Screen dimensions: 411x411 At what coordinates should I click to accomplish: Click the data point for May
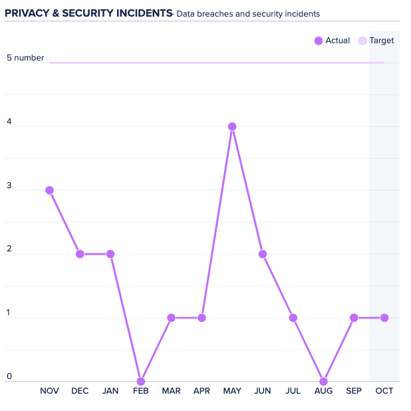(x=232, y=126)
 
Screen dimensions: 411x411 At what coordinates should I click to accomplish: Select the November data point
(x=49, y=190)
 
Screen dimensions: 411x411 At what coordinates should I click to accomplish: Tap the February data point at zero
(x=140, y=382)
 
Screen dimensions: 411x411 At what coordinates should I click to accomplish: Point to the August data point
(x=323, y=382)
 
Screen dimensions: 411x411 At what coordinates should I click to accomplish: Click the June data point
(x=263, y=254)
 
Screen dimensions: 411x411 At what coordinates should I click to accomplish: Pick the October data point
(x=384, y=318)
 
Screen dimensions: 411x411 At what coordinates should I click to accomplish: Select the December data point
(x=80, y=254)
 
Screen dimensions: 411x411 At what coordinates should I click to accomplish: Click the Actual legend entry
(x=332, y=41)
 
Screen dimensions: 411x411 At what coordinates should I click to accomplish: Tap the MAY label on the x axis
(x=232, y=391)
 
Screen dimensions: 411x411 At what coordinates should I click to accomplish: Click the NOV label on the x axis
(x=49, y=391)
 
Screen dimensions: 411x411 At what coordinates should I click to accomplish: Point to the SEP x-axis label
(x=354, y=391)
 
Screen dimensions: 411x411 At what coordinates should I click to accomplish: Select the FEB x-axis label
(x=140, y=391)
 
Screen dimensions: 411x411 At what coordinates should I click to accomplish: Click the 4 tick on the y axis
(x=9, y=122)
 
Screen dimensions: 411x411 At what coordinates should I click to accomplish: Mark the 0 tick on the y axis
(x=9, y=377)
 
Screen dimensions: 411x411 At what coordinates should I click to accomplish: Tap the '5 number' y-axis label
(x=25, y=58)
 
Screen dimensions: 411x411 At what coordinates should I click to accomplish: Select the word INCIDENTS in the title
(x=142, y=13)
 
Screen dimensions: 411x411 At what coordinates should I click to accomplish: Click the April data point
(x=202, y=318)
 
